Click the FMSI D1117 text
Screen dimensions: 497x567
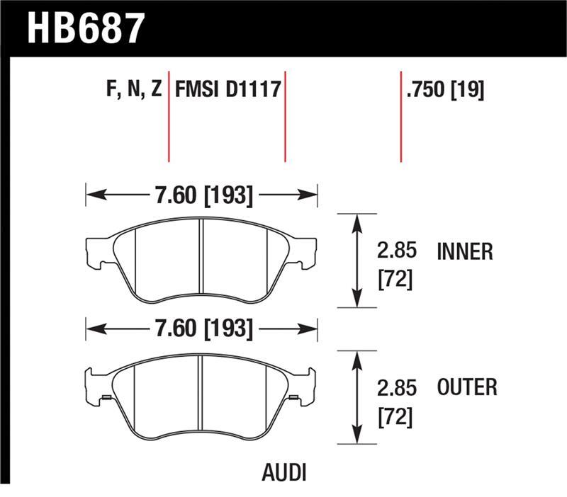click(227, 90)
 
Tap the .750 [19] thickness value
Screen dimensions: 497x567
click(446, 90)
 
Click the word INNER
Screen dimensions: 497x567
click(465, 251)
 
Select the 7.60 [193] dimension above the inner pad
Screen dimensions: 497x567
click(201, 194)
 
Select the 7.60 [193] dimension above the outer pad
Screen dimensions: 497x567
click(201, 329)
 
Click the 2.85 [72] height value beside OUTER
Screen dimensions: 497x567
click(396, 401)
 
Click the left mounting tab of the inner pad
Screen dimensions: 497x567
click(96, 251)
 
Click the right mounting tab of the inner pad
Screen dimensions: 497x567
click(305, 251)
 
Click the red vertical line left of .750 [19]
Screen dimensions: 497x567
click(401, 117)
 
